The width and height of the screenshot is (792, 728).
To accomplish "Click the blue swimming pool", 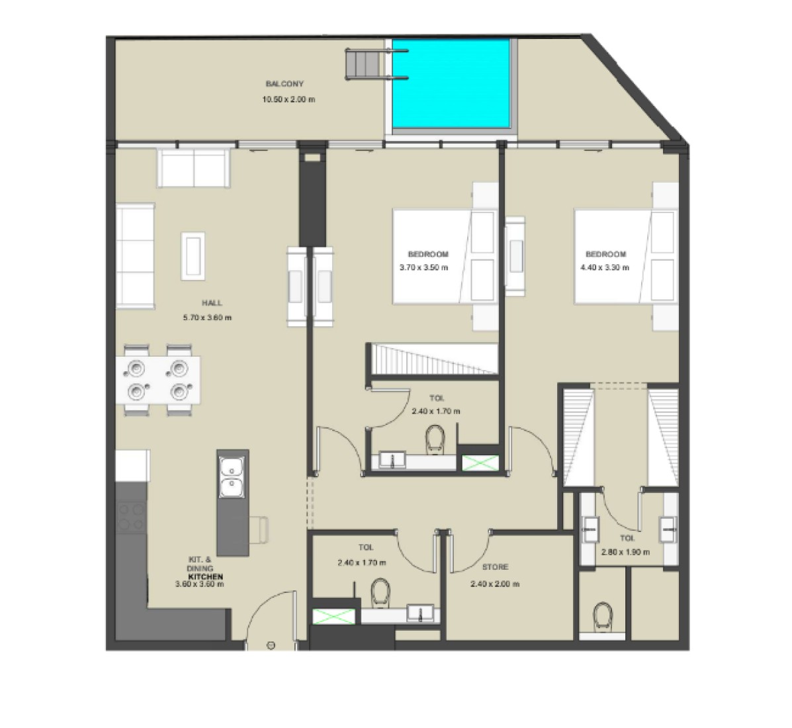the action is [x=451, y=84].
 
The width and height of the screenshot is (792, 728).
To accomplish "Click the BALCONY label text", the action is [x=285, y=84].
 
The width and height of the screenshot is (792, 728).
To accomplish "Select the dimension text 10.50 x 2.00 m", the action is [x=288, y=99].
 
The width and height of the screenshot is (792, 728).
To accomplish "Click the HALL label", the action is [x=212, y=303].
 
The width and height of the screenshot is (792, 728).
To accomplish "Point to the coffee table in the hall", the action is [x=193, y=256].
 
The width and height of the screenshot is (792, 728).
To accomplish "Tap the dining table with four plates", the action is [x=157, y=380].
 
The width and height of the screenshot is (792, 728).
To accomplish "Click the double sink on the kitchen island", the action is [x=232, y=477].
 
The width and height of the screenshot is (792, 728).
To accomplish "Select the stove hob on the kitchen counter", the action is [x=131, y=518].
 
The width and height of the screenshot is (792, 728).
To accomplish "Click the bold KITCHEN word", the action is [x=206, y=576].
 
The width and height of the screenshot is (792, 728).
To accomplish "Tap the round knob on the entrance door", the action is [x=271, y=645].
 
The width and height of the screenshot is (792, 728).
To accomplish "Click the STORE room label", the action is [x=495, y=567].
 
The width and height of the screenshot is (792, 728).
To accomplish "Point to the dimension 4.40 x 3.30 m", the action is [x=605, y=268].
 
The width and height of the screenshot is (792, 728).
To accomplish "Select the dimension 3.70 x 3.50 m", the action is [x=423, y=268].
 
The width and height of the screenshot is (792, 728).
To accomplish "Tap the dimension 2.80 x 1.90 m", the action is [x=626, y=552].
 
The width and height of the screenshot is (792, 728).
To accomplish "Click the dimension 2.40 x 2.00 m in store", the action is [x=495, y=584].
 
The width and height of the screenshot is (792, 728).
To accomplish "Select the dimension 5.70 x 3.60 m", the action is [x=208, y=318].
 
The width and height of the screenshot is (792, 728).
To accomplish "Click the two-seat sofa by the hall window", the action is [x=194, y=169].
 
